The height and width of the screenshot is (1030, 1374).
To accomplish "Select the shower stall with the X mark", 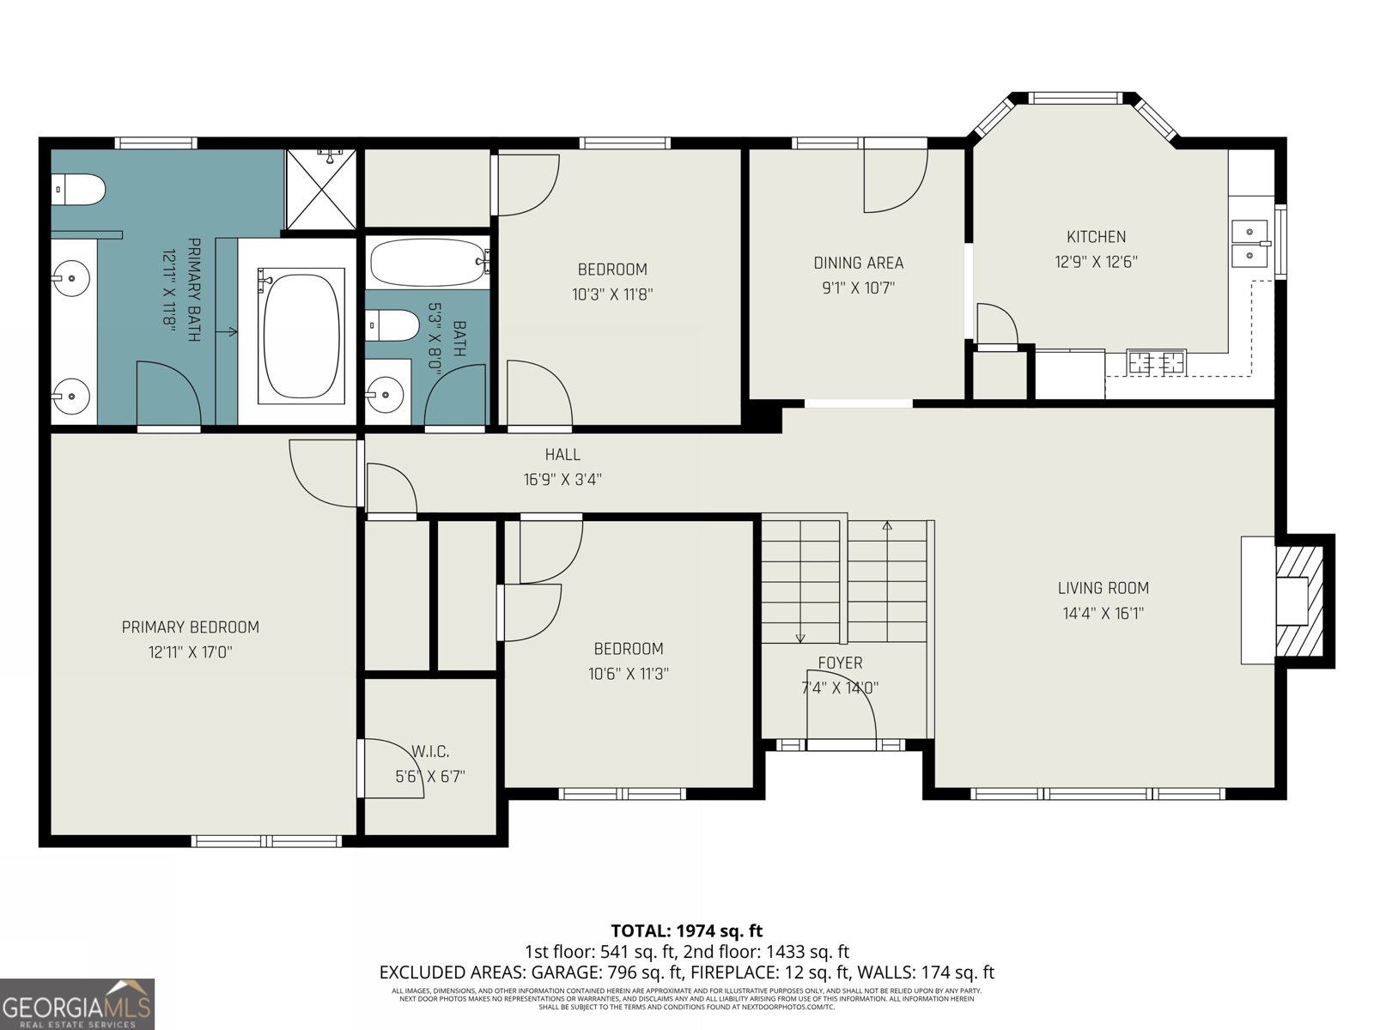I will pyautogui.click(x=320, y=190).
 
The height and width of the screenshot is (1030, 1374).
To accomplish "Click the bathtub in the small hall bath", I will pyautogui.click(x=428, y=263).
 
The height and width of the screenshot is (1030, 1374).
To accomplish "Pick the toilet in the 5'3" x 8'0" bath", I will pyautogui.click(x=386, y=325).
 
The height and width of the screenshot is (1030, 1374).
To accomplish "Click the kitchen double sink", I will pyautogui.click(x=1250, y=243).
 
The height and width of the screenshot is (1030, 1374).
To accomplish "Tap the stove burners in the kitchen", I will pyautogui.click(x=1156, y=362).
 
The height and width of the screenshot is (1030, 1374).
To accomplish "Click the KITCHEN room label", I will pyautogui.click(x=1096, y=237).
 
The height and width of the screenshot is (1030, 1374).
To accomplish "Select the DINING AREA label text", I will pyautogui.click(x=858, y=263).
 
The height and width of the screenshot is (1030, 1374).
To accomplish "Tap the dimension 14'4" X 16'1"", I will pyautogui.click(x=1103, y=614).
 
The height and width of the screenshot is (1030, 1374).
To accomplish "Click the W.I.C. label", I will pyautogui.click(x=429, y=752).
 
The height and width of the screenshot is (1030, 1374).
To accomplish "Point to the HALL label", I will pyautogui.click(x=562, y=455).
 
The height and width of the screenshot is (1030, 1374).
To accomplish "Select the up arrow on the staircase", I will pyautogui.click(x=887, y=526).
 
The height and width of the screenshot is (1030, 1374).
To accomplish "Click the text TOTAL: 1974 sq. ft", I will pyautogui.click(x=686, y=930).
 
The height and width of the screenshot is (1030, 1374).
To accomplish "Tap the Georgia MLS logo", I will pyautogui.click(x=77, y=1003).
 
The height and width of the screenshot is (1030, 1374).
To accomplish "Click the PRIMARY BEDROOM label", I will pyautogui.click(x=190, y=627).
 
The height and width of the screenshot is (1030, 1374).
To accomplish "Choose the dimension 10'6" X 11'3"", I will pyautogui.click(x=628, y=675).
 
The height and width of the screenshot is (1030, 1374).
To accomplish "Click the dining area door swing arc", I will pyautogui.click(x=896, y=182).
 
